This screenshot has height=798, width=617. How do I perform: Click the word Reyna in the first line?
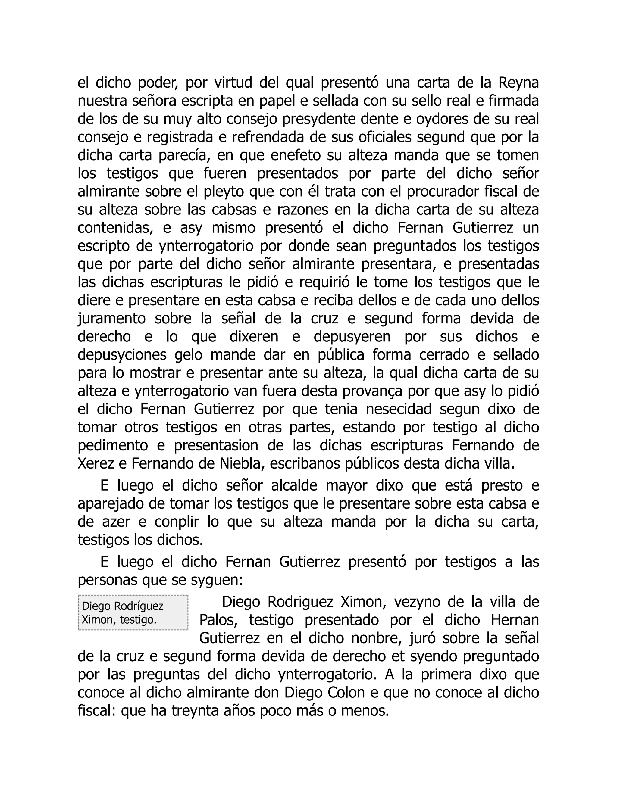point(519,83)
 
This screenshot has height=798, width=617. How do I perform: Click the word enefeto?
point(295,156)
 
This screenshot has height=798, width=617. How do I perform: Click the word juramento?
point(111,319)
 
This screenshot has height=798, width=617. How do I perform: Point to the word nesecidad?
point(399,409)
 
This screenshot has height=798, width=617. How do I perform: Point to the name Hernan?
point(515,620)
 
